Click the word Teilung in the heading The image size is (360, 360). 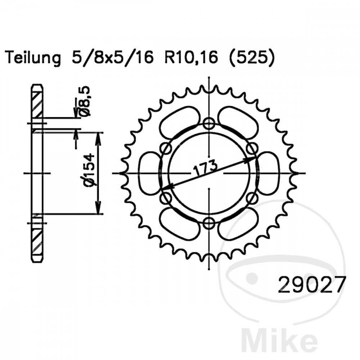[34, 58]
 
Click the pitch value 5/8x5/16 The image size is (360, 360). [112, 57]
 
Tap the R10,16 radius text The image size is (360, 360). [191, 58]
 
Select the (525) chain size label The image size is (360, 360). [251, 58]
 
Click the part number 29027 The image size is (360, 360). [311, 285]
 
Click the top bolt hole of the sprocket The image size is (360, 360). [209, 123]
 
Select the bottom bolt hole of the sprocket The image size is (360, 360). [209, 223]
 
